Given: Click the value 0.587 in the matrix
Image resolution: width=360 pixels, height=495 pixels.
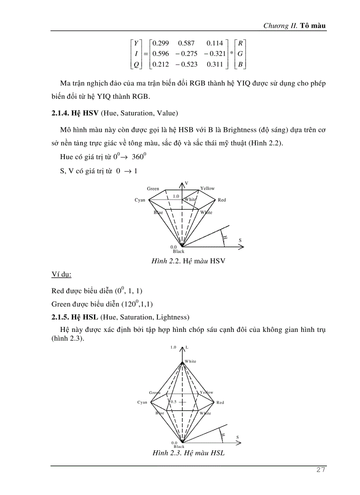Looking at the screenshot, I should click(186, 44).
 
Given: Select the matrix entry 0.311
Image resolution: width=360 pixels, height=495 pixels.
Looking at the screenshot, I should click(215, 65).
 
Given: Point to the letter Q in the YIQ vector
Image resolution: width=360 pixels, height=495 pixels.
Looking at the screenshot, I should click(136, 65).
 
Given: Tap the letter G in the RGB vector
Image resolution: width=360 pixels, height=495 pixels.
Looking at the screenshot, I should click(240, 54).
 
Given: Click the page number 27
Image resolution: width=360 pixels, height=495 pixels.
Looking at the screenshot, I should click(321, 470).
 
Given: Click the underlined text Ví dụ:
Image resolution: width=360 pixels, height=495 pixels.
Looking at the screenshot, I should click(61, 275).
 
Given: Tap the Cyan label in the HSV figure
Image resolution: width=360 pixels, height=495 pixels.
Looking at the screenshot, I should click(140, 200).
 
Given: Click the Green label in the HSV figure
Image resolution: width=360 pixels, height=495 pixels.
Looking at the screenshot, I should click(153, 189).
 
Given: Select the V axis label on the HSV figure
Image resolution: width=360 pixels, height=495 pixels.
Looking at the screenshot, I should click(187, 183).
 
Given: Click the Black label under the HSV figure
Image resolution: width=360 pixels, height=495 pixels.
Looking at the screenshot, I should click(179, 252).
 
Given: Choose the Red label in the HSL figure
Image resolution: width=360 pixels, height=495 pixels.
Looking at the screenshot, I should click(220, 402).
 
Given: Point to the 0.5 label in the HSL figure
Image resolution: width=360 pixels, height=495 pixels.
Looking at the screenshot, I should click(173, 402).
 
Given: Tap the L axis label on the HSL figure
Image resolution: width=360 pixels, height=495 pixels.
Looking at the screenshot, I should click(187, 347).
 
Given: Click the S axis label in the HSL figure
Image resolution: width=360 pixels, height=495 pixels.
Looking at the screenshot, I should click(237, 437).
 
